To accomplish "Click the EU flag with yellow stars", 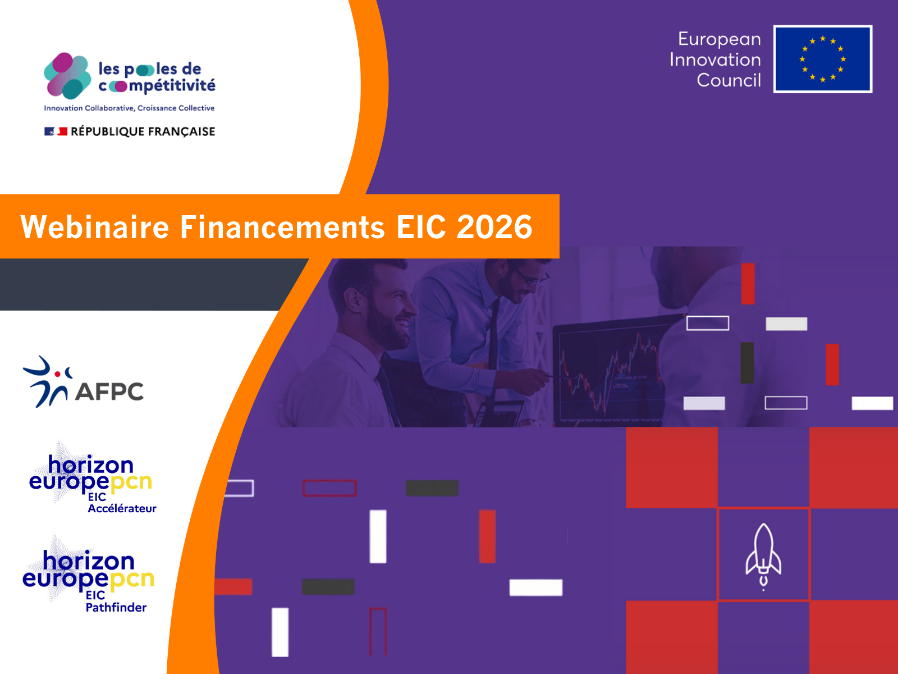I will (822, 59).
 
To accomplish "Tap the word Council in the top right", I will (729, 80).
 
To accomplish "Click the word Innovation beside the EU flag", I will (715, 60).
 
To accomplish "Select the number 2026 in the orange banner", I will (494, 227).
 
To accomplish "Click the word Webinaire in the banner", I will (95, 227).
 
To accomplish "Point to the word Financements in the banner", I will (282, 227).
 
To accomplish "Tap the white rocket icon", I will (763, 555).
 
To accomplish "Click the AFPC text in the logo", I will (109, 391).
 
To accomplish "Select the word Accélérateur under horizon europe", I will (122, 508).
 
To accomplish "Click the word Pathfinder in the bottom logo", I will (116, 607).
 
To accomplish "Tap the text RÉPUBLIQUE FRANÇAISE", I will (143, 131).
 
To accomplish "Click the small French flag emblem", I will (56, 131).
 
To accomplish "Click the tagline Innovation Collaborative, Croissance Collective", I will (129, 108).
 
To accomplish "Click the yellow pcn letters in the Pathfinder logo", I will (132, 579).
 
